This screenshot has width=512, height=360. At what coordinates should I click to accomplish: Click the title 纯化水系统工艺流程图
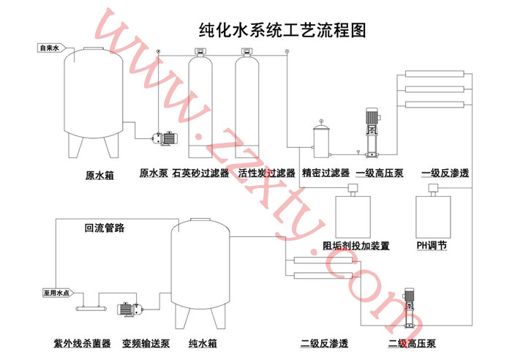(x=282, y=30)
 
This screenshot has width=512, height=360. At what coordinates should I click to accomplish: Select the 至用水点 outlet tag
(x=58, y=293)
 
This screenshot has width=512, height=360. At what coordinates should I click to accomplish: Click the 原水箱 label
(x=99, y=175)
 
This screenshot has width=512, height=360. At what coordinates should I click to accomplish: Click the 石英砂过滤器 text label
(x=200, y=174)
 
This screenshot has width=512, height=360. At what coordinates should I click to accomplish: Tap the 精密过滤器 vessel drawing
(x=321, y=139)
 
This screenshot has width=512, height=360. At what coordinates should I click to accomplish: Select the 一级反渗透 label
(x=445, y=174)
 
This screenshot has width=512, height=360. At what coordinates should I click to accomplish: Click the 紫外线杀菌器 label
(x=82, y=342)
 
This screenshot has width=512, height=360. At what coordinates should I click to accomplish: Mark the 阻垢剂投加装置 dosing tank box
(x=353, y=214)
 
